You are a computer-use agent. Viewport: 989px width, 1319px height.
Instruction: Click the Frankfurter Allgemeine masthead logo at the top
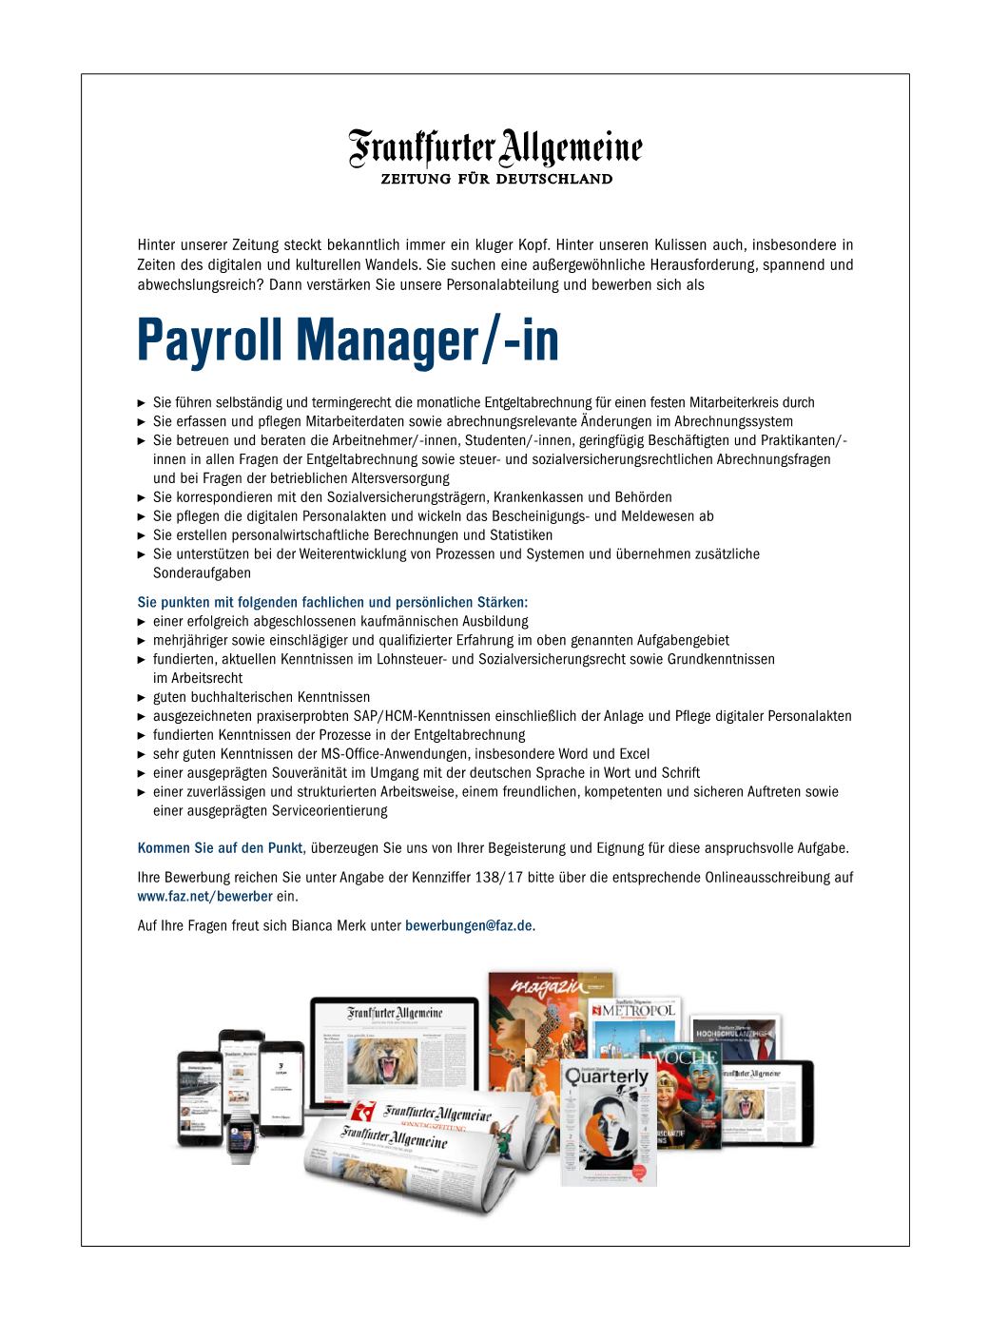coord(494,149)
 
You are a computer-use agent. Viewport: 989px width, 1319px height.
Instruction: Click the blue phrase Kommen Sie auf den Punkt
coord(220,848)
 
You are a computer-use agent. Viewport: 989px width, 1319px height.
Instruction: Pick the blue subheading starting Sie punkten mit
coord(332,602)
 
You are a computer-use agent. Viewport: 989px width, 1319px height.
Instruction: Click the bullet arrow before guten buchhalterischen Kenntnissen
coord(143,697)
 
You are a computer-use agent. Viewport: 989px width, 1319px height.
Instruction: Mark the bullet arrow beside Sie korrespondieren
coord(143,497)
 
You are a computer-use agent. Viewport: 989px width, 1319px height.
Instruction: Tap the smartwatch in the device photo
coord(242,1138)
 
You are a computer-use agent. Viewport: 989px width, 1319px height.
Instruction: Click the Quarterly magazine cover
coord(609,1122)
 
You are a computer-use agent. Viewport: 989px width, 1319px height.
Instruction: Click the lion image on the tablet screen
coord(752,1101)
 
